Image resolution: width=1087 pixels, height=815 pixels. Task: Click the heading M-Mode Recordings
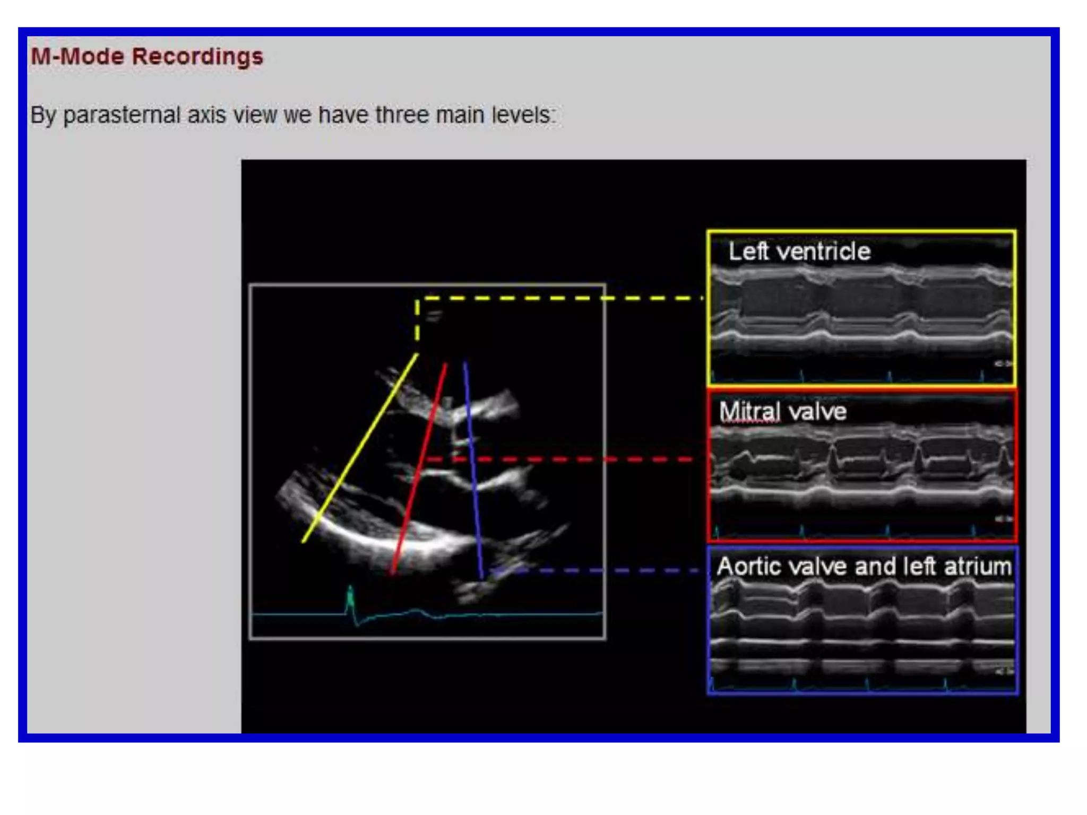click(147, 56)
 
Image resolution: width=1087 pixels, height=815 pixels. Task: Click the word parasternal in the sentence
click(122, 115)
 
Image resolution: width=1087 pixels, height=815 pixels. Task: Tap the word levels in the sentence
click(523, 115)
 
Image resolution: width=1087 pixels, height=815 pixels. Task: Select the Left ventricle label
click(799, 252)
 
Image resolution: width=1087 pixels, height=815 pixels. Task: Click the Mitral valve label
click(782, 412)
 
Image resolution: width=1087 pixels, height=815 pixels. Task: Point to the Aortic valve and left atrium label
click(864, 567)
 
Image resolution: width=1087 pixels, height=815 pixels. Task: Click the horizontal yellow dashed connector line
click(563, 298)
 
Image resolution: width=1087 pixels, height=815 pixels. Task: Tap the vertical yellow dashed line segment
click(417, 321)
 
